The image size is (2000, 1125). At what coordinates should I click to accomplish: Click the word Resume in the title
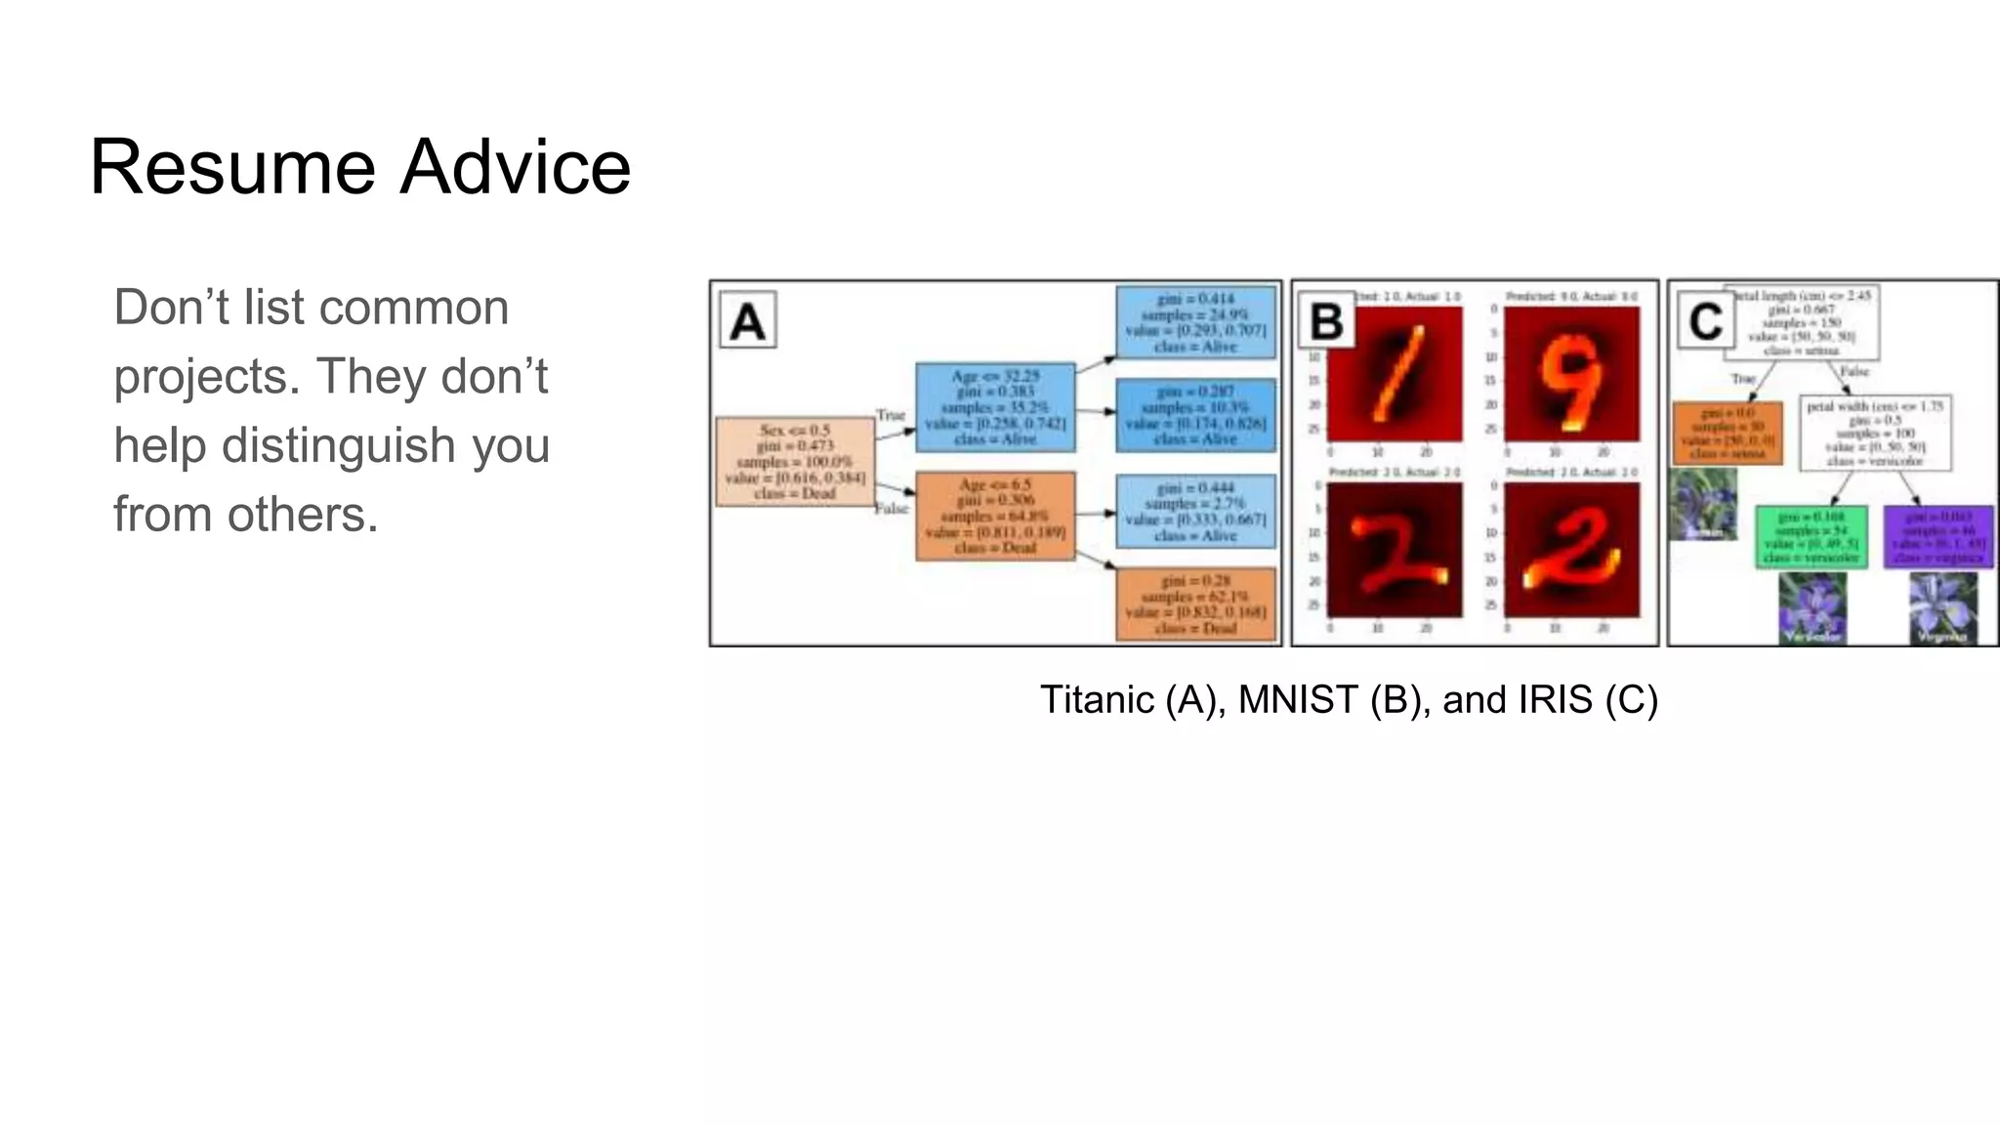[232, 167]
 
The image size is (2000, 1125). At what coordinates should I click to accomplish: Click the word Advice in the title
[515, 167]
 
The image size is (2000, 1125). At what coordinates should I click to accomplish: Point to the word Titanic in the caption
[1097, 700]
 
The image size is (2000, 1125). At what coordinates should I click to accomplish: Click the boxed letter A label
[747, 320]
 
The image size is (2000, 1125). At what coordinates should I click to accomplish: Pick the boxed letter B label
[1326, 320]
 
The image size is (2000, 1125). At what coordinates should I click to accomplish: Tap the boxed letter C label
[1705, 320]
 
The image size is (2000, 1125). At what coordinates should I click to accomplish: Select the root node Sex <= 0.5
[794, 462]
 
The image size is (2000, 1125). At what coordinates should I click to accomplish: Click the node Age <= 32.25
[995, 407]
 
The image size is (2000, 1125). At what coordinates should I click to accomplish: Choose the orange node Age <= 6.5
[995, 516]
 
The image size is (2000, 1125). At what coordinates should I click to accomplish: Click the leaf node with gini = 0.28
[1195, 604]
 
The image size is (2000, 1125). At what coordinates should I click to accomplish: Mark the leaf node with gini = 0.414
[1195, 322]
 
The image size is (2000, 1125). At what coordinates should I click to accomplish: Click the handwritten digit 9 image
[1571, 374]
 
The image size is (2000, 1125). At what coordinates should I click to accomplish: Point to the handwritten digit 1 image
[1395, 374]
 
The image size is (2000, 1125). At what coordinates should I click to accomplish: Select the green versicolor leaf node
[1811, 536]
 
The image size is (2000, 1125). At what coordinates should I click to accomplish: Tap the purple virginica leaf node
[1938, 536]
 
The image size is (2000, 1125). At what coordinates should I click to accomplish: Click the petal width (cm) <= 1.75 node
[1875, 433]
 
